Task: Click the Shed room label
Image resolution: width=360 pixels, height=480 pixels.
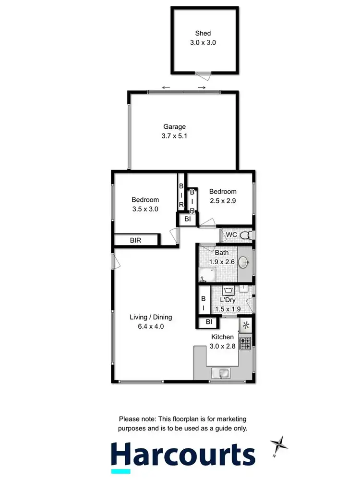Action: coord(203,33)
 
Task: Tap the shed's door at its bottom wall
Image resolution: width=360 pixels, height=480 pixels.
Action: coord(203,74)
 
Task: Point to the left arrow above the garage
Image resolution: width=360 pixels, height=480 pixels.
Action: coord(166,87)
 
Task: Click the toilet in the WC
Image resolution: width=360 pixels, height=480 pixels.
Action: coord(246,235)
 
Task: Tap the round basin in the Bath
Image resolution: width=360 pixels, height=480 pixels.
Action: coord(244,262)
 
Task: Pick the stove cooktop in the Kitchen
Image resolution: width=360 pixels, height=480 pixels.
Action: coord(245,343)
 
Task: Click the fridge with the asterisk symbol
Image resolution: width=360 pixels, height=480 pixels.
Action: coord(246,325)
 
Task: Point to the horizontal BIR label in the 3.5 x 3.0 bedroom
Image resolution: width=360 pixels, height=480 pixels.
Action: coord(135,240)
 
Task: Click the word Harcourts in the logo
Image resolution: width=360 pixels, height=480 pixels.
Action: coord(183,454)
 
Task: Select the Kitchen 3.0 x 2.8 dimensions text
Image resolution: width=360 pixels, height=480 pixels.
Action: coord(222,345)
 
